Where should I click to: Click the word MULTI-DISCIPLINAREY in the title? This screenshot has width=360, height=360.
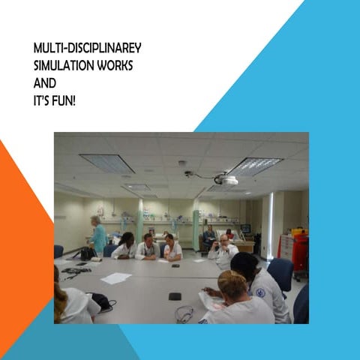(87, 49)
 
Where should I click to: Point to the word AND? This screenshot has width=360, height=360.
(45, 82)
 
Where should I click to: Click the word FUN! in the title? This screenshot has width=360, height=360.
(64, 99)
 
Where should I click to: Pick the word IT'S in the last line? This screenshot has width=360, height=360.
(43, 99)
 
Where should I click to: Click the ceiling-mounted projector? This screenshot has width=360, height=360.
(227, 179)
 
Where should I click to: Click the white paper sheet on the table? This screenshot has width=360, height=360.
(115, 277)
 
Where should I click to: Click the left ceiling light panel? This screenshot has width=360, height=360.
(107, 163)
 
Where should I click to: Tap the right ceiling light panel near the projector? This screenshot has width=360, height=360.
(256, 165)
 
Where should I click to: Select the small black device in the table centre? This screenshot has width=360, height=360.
(175, 296)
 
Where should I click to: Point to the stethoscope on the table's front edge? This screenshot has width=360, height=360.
(184, 314)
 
